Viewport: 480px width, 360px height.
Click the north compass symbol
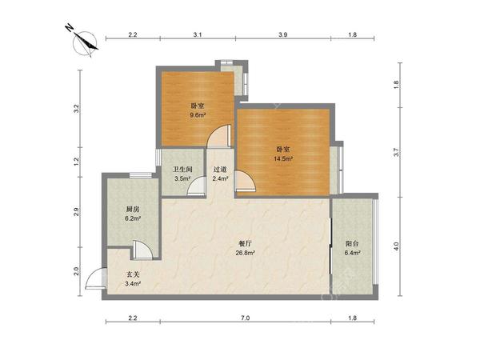[85, 43]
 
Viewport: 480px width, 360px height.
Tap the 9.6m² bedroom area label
[198, 115]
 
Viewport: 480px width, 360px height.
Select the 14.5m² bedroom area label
[283, 158]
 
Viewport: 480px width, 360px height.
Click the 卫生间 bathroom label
[182, 169]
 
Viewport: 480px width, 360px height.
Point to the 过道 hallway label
[220, 169]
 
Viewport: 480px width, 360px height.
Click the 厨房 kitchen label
[133, 210]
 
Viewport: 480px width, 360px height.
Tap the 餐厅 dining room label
[245, 244]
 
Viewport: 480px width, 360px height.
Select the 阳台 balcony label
[352, 244]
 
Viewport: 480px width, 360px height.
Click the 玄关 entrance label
[133, 274]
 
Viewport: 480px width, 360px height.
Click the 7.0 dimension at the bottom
[246, 318]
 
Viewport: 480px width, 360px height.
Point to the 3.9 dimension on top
[283, 34]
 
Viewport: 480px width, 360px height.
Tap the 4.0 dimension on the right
[396, 246]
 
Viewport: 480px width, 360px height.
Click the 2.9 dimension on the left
[76, 212]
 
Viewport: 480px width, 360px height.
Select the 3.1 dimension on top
[198, 34]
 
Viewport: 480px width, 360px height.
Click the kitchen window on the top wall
[141, 175]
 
